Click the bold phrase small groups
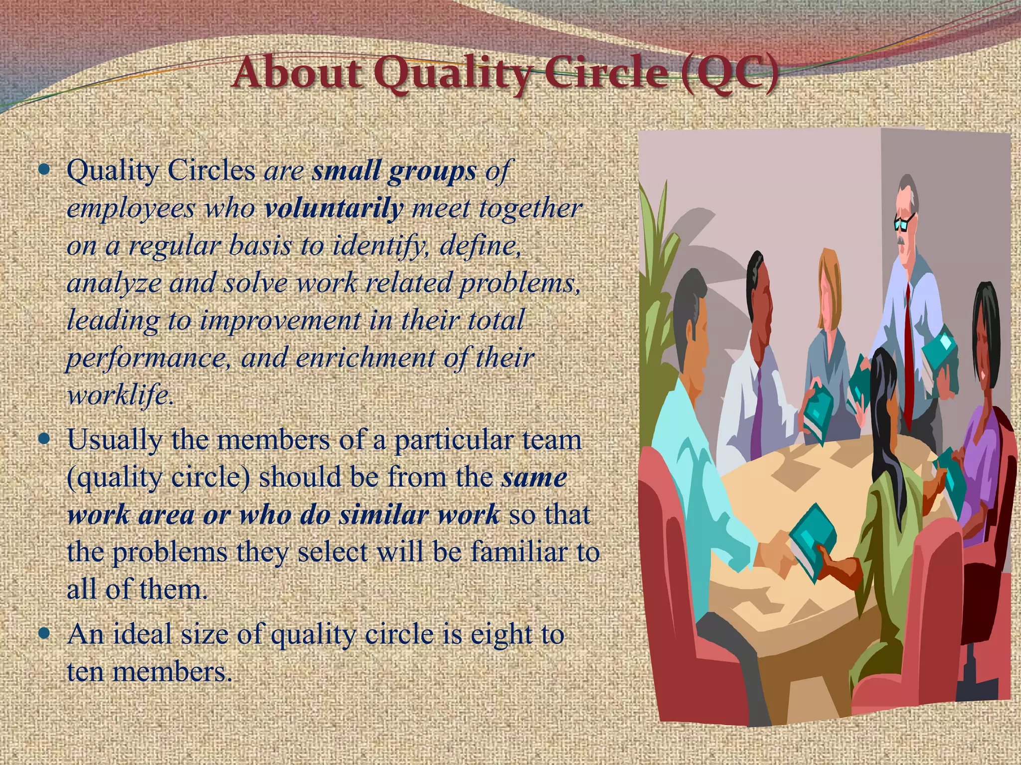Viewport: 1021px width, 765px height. coord(394,171)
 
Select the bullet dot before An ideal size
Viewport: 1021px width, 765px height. coord(45,634)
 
